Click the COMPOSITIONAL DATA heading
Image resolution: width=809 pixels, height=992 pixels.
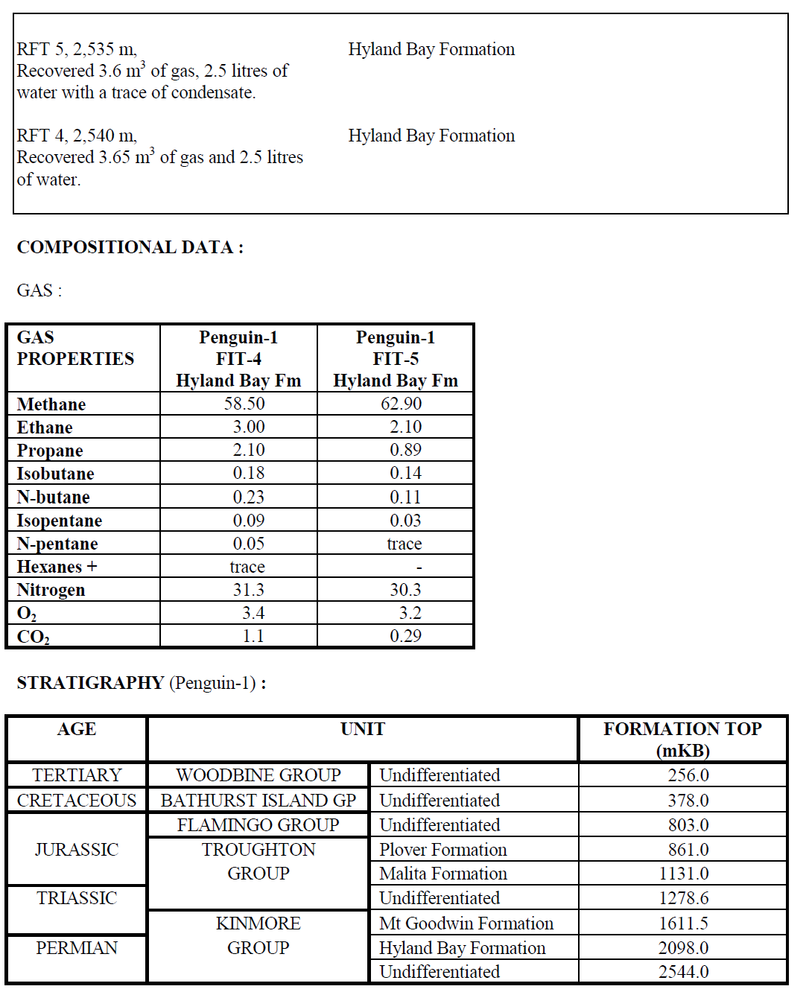[x=130, y=247]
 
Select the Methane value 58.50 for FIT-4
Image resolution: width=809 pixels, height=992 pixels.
[x=244, y=404]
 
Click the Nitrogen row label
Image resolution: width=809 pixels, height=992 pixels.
[x=51, y=590]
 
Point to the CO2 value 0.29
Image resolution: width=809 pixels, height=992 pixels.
[x=405, y=636]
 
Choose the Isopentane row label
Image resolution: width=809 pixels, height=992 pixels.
[x=60, y=521]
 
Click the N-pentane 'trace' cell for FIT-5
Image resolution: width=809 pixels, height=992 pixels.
[x=404, y=544]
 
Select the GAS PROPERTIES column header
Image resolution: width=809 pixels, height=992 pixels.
[x=75, y=349]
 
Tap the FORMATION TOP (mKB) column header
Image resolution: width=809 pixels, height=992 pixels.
[x=682, y=739]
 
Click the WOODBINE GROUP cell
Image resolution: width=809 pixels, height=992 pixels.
[x=258, y=775]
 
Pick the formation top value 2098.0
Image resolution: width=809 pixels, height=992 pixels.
[x=683, y=948]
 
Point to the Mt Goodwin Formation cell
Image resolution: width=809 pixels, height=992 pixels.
[x=466, y=923]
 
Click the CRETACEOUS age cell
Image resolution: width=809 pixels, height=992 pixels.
[x=77, y=801]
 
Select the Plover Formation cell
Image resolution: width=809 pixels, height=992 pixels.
[x=442, y=850]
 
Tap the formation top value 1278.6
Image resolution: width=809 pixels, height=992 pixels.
[x=683, y=898]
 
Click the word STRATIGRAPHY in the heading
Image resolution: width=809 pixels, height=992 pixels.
[x=90, y=683]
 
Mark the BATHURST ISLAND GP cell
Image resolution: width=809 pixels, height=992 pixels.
[x=258, y=801]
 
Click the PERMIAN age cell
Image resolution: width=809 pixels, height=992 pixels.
[x=77, y=948]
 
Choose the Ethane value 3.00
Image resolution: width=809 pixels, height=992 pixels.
[x=248, y=427]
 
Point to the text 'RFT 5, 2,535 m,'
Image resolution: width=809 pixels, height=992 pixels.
[x=77, y=49]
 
